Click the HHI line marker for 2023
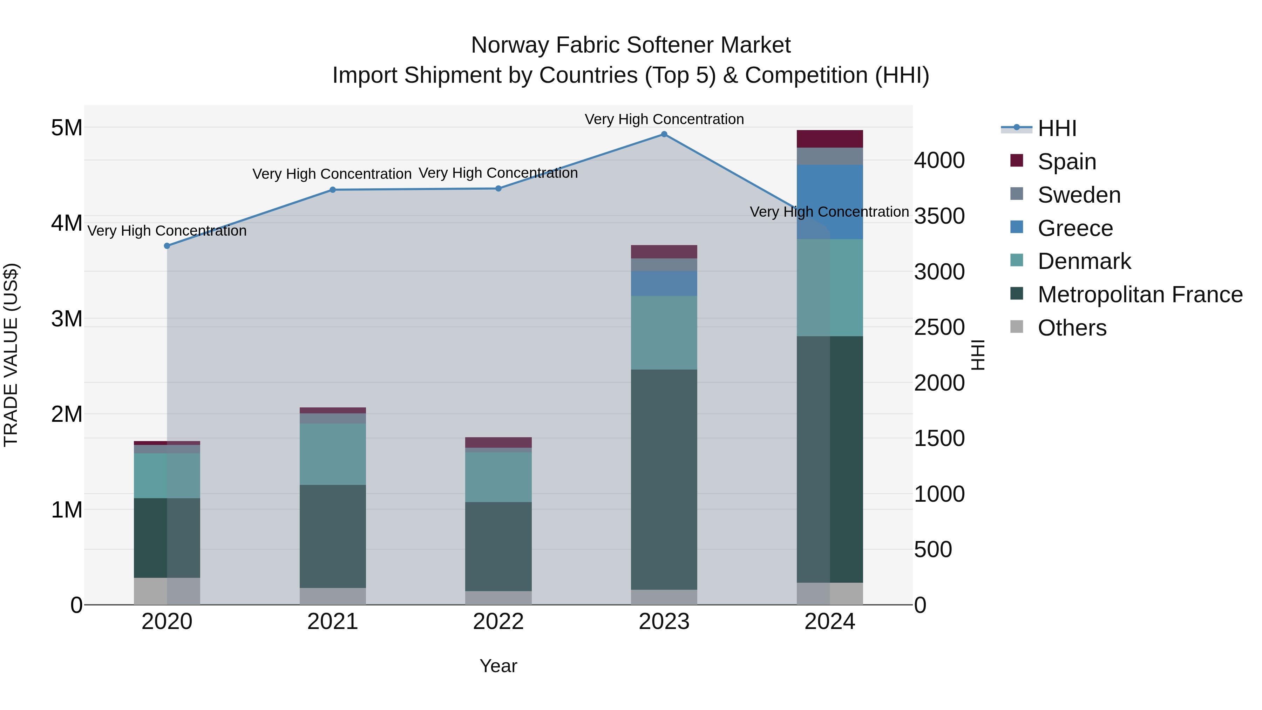click(664, 134)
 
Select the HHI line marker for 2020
click(167, 246)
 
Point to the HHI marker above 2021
click(333, 190)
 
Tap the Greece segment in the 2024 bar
click(830, 202)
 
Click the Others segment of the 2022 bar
click(498, 598)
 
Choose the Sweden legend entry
click(1079, 195)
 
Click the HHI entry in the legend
click(1057, 128)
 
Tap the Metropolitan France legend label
click(1140, 295)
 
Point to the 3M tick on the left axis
click(67, 319)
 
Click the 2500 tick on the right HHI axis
click(939, 327)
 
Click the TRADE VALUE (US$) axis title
click(11, 355)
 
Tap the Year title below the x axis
click(498, 666)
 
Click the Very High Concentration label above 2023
click(664, 119)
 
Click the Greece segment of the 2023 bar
click(664, 283)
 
